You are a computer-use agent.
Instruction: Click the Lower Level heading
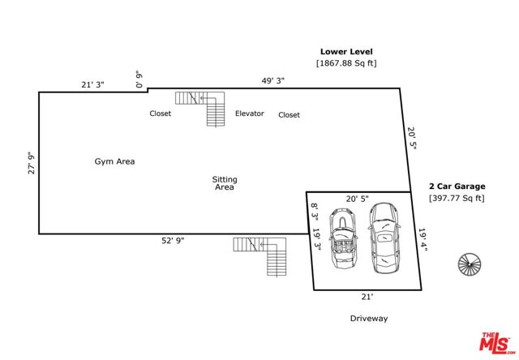tap(346, 51)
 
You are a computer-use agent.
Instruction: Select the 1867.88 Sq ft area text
tap(346, 63)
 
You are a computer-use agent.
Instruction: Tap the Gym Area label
tap(114, 161)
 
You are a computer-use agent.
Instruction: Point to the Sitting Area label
tap(225, 183)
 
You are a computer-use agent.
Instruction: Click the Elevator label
tap(250, 114)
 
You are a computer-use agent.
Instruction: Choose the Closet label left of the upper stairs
tap(161, 114)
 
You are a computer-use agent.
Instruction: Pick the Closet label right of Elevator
tap(290, 115)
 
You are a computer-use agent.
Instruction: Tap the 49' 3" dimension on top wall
tap(272, 81)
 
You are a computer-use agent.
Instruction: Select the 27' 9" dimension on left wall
tap(32, 163)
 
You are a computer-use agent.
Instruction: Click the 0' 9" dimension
tap(139, 79)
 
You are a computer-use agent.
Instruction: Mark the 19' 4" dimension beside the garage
tap(422, 241)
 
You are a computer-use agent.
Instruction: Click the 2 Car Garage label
tap(457, 186)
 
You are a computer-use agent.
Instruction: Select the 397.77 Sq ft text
tap(457, 198)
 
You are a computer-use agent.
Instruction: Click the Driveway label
tap(369, 319)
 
